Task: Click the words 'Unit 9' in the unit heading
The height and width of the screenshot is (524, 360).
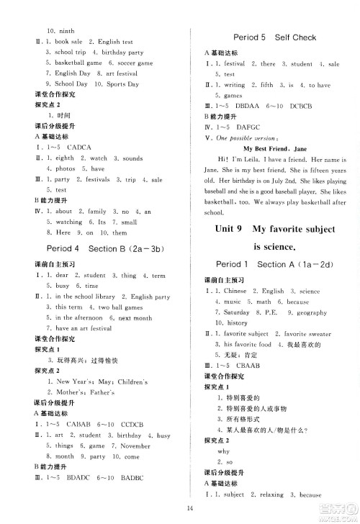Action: [232, 229]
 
